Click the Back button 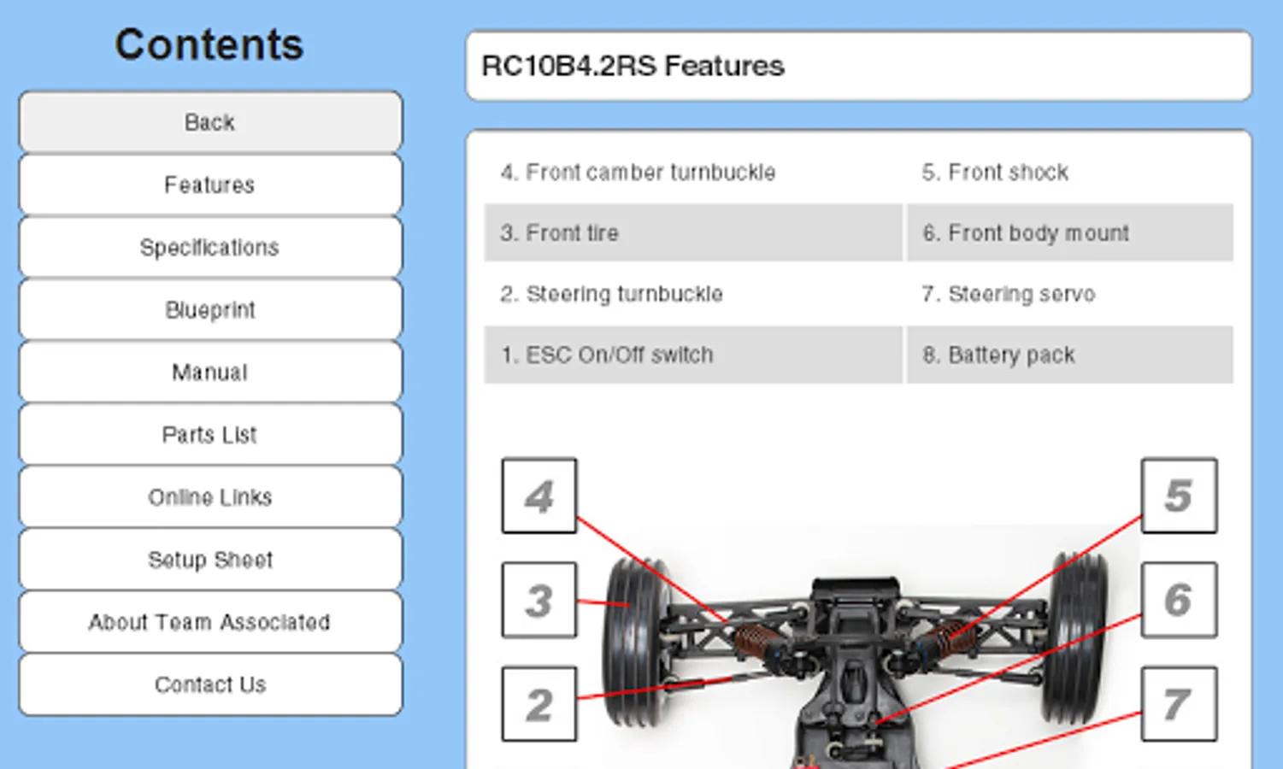point(210,122)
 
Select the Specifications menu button point(210,248)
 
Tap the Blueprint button point(210,310)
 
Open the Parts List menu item point(210,435)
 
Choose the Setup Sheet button point(210,560)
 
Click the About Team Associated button point(210,622)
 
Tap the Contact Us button point(210,684)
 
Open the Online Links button point(210,497)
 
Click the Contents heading point(209,44)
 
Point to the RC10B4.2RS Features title point(633,66)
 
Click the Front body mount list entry point(1026,233)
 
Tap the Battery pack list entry point(998,355)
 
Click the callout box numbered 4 point(539,496)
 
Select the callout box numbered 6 point(1179,600)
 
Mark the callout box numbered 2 point(539,705)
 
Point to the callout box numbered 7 point(1179,705)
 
